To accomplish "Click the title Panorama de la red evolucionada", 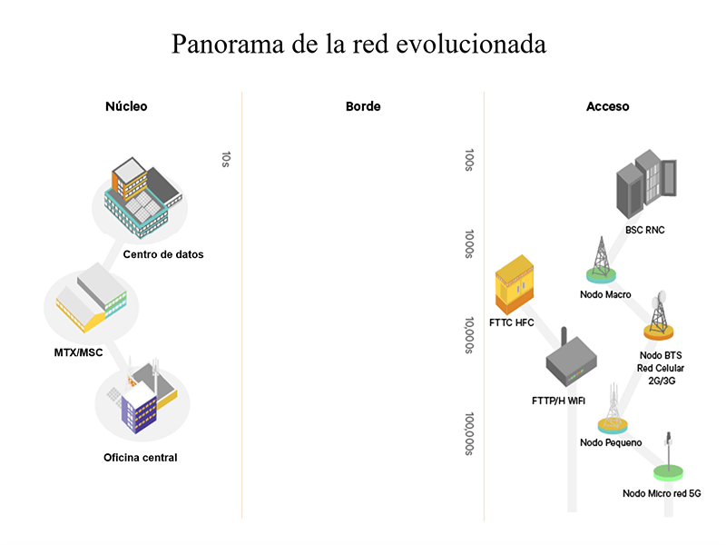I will (358, 44).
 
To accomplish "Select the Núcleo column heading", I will (126, 106).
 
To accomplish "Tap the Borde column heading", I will (363, 106).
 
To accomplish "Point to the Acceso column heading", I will (607, 106).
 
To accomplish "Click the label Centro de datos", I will (163, 254).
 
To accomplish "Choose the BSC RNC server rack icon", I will (645, 185).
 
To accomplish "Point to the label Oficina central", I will (141, 458).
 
